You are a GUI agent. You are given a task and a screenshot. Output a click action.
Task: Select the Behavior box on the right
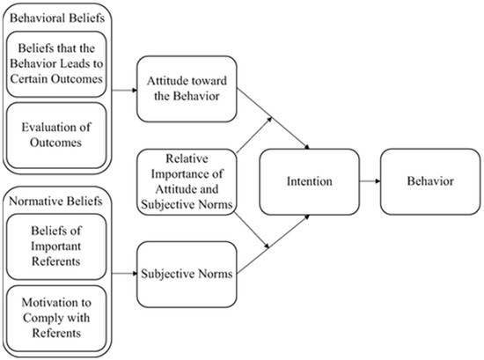(429, 183)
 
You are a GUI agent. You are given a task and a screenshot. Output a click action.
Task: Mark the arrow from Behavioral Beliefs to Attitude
(123, 89)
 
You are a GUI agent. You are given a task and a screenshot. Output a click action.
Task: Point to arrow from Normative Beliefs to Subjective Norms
(123, 274)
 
